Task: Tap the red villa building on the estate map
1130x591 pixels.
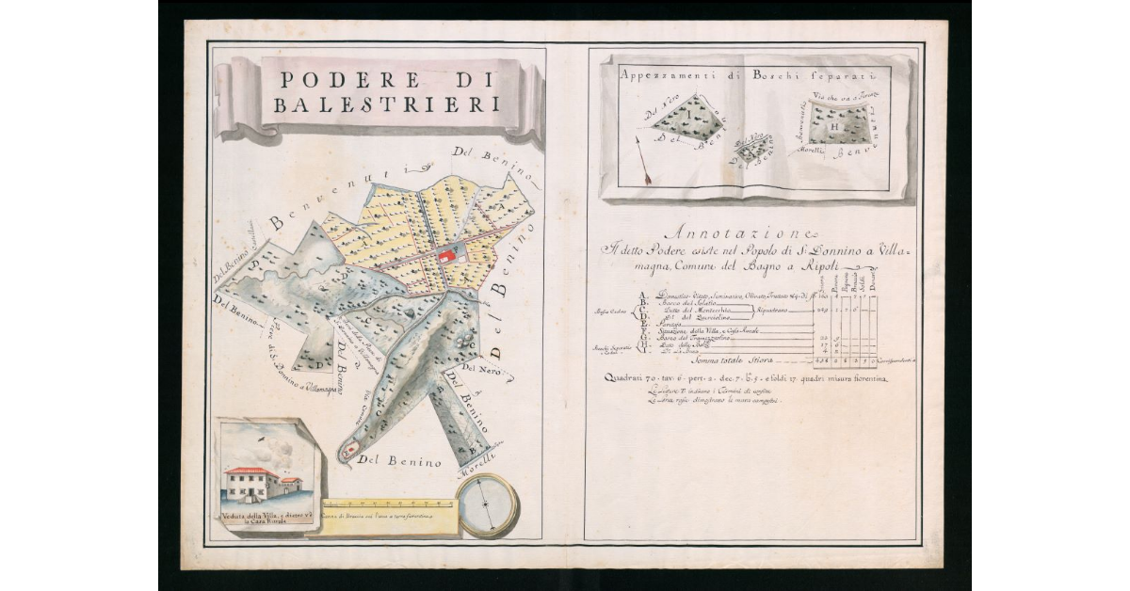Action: [448, 256]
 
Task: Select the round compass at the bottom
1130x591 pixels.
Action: [487, 504]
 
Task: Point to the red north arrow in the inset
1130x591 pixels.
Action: [643, 160]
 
